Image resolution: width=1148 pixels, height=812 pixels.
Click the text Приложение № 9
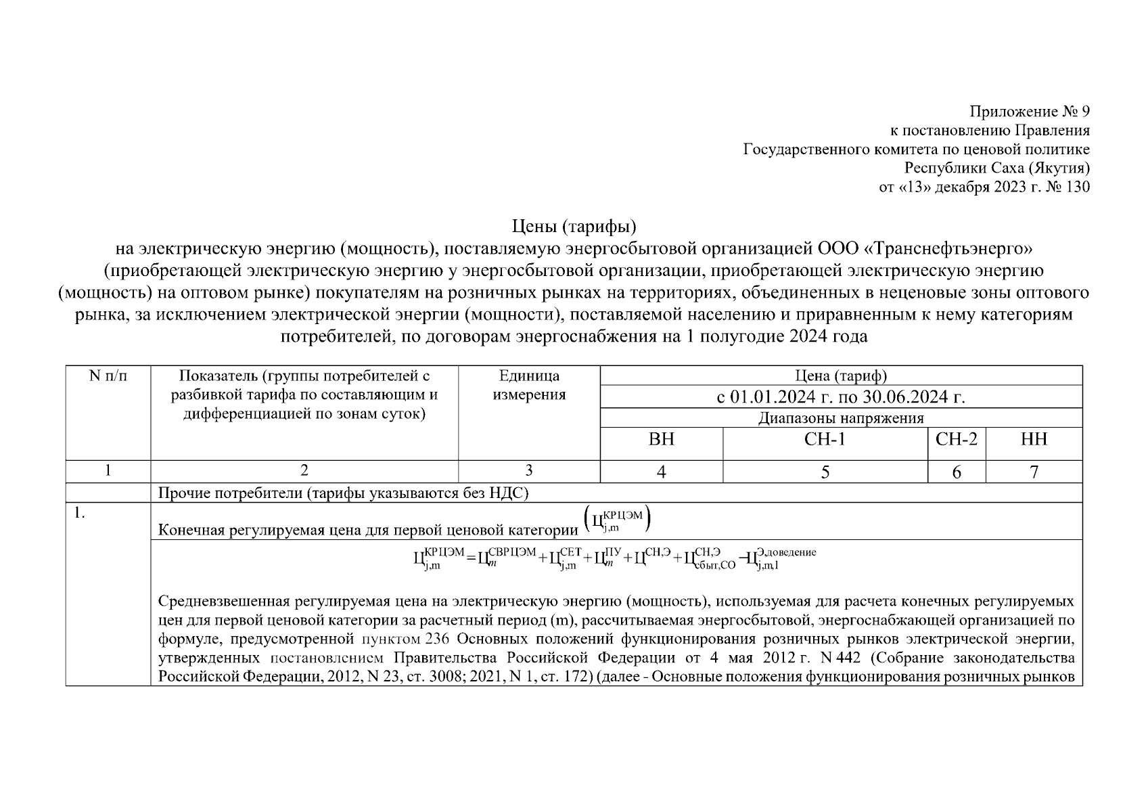click(1029, 112)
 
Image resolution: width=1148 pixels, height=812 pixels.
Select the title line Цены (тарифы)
click(574, 225)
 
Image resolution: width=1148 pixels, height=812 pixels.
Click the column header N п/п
click(108, 376)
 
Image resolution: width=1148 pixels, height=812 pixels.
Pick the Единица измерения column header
click(529, 385)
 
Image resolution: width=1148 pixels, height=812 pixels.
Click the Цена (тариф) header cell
click(841, 376)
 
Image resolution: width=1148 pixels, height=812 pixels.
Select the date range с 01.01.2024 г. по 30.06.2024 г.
click(841, 397)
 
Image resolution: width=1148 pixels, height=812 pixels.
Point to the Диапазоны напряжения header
click(841, 418)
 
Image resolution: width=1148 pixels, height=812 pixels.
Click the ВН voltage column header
click(661, 440)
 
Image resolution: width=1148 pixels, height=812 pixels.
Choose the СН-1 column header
click(825, 440)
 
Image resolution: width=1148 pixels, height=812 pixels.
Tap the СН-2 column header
click(956, 440)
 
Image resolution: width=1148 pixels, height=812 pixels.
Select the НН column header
click(1034, 440)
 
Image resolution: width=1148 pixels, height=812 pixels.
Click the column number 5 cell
click(825, 472)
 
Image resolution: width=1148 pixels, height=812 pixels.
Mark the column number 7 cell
click(1034, 472)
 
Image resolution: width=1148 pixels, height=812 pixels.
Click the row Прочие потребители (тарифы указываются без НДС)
click(343, 493)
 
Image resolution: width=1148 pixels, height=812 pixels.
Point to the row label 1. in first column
click(80, 513)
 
